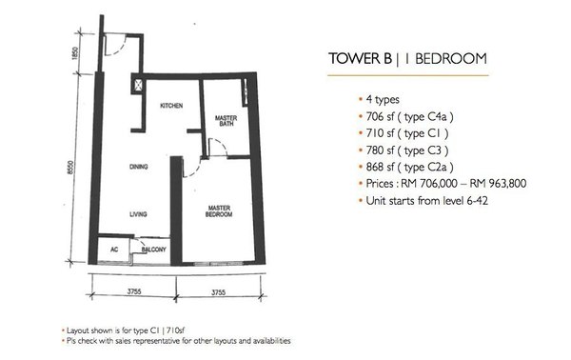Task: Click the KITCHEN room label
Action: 171,106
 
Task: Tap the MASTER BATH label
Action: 226,121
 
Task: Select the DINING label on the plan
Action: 138,167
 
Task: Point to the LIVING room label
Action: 138,214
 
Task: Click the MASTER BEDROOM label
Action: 219,211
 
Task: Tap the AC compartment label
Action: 114,250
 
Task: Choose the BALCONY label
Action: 153,250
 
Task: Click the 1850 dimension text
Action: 75,53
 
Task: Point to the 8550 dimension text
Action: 71,168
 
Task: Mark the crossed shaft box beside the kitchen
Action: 138,86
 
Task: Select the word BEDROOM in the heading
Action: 451,59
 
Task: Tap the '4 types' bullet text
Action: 383,99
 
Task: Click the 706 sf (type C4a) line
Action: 409,116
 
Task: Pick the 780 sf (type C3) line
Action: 407,150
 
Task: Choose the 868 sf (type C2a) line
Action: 409,167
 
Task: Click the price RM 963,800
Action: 498,183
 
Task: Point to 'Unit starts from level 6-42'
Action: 426,200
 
